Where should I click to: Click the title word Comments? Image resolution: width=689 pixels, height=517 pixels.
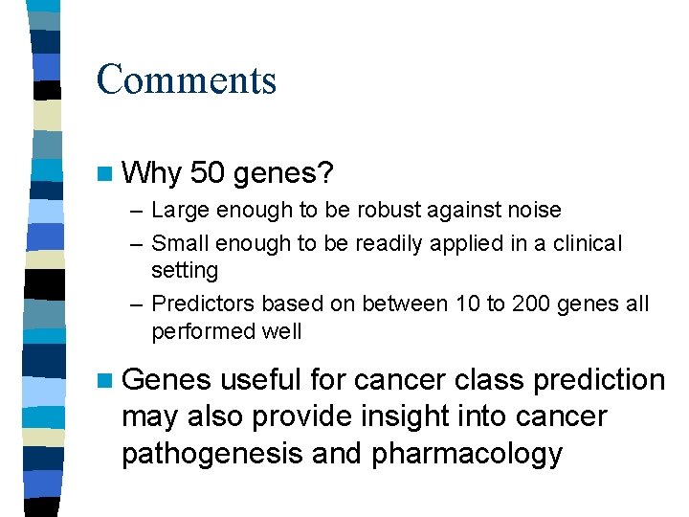point(186,79)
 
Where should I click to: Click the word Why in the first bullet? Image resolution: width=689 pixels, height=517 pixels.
point(152,173)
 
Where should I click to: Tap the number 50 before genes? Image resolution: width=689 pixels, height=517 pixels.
point(209,173)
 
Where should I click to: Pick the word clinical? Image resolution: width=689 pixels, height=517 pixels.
point(585,243)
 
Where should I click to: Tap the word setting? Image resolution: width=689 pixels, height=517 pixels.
point(185,271)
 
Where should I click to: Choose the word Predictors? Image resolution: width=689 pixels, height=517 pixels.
point(203,304)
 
